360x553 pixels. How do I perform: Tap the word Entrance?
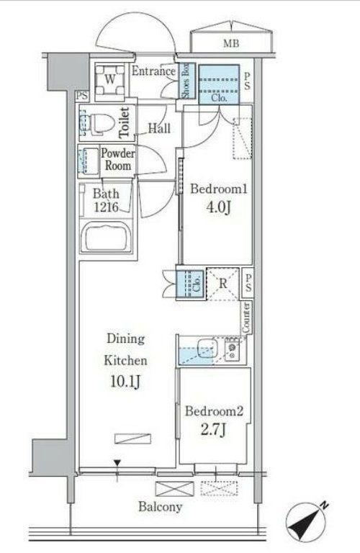point(154,71)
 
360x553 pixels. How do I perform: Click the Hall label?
point(159,129)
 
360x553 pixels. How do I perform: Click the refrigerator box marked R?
point(223,284)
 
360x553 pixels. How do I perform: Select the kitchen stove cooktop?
point(233,351)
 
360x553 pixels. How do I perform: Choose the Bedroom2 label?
point(215,412)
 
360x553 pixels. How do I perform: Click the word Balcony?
point(160,507)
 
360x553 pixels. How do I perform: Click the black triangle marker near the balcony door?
point(117,464)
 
